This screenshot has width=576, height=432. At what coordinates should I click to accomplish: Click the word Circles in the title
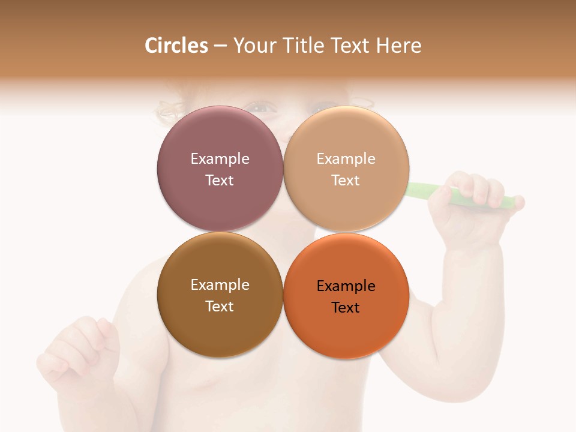point(176,46)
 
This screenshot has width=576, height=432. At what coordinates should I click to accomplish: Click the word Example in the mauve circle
point(220,159)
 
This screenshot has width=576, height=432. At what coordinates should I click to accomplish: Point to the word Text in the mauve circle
point(220,181)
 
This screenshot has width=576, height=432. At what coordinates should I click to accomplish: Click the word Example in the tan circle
point(346,159)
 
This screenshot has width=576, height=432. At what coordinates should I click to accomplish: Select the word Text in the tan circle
point(346,181)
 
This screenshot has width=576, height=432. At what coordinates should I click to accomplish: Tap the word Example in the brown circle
point(220,285)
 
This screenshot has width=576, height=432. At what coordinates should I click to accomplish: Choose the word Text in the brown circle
point(220,307)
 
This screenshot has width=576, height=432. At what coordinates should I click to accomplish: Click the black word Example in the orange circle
point(346,286)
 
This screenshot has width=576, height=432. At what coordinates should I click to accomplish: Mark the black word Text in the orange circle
point(346,308)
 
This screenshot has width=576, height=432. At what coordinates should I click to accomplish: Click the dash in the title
point(220,46)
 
